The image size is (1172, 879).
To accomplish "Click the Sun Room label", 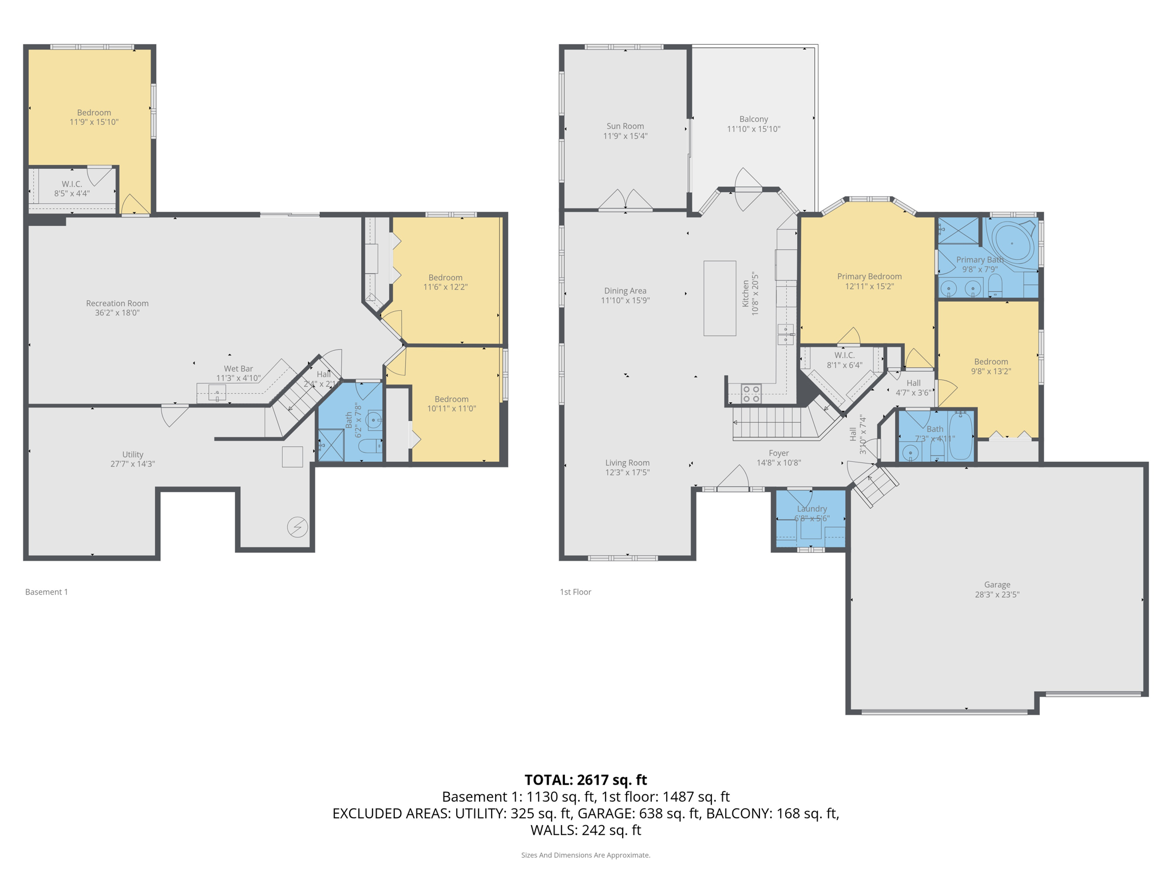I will (625, 126).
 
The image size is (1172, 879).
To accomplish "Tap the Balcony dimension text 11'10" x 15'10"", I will (753, 129).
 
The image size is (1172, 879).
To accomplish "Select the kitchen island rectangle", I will (719, 298).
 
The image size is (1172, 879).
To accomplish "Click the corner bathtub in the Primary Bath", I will (1012, 243).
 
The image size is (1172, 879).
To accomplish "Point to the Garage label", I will (997, 585).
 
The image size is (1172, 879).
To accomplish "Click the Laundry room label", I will (811, 509).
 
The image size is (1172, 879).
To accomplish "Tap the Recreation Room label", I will (117, 303).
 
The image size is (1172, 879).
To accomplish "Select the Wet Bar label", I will (238, 369).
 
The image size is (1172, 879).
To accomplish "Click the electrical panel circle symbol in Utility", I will (298, 526).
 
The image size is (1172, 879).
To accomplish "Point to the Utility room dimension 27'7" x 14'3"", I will (133, 464).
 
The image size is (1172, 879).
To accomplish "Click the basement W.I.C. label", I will (72, 184).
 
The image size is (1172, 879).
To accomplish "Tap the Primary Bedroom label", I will (869, 276).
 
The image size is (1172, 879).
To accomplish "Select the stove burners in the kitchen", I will (751, 394).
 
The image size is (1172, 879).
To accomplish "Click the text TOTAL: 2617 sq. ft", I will (585, 780).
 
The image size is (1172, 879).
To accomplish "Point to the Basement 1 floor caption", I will (46, 592).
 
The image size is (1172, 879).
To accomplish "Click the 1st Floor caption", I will (575, 592).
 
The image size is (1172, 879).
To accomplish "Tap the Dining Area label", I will (625, 291).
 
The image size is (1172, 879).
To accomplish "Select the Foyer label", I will (778, 453).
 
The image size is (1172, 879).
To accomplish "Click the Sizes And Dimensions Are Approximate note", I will (585, 855).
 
